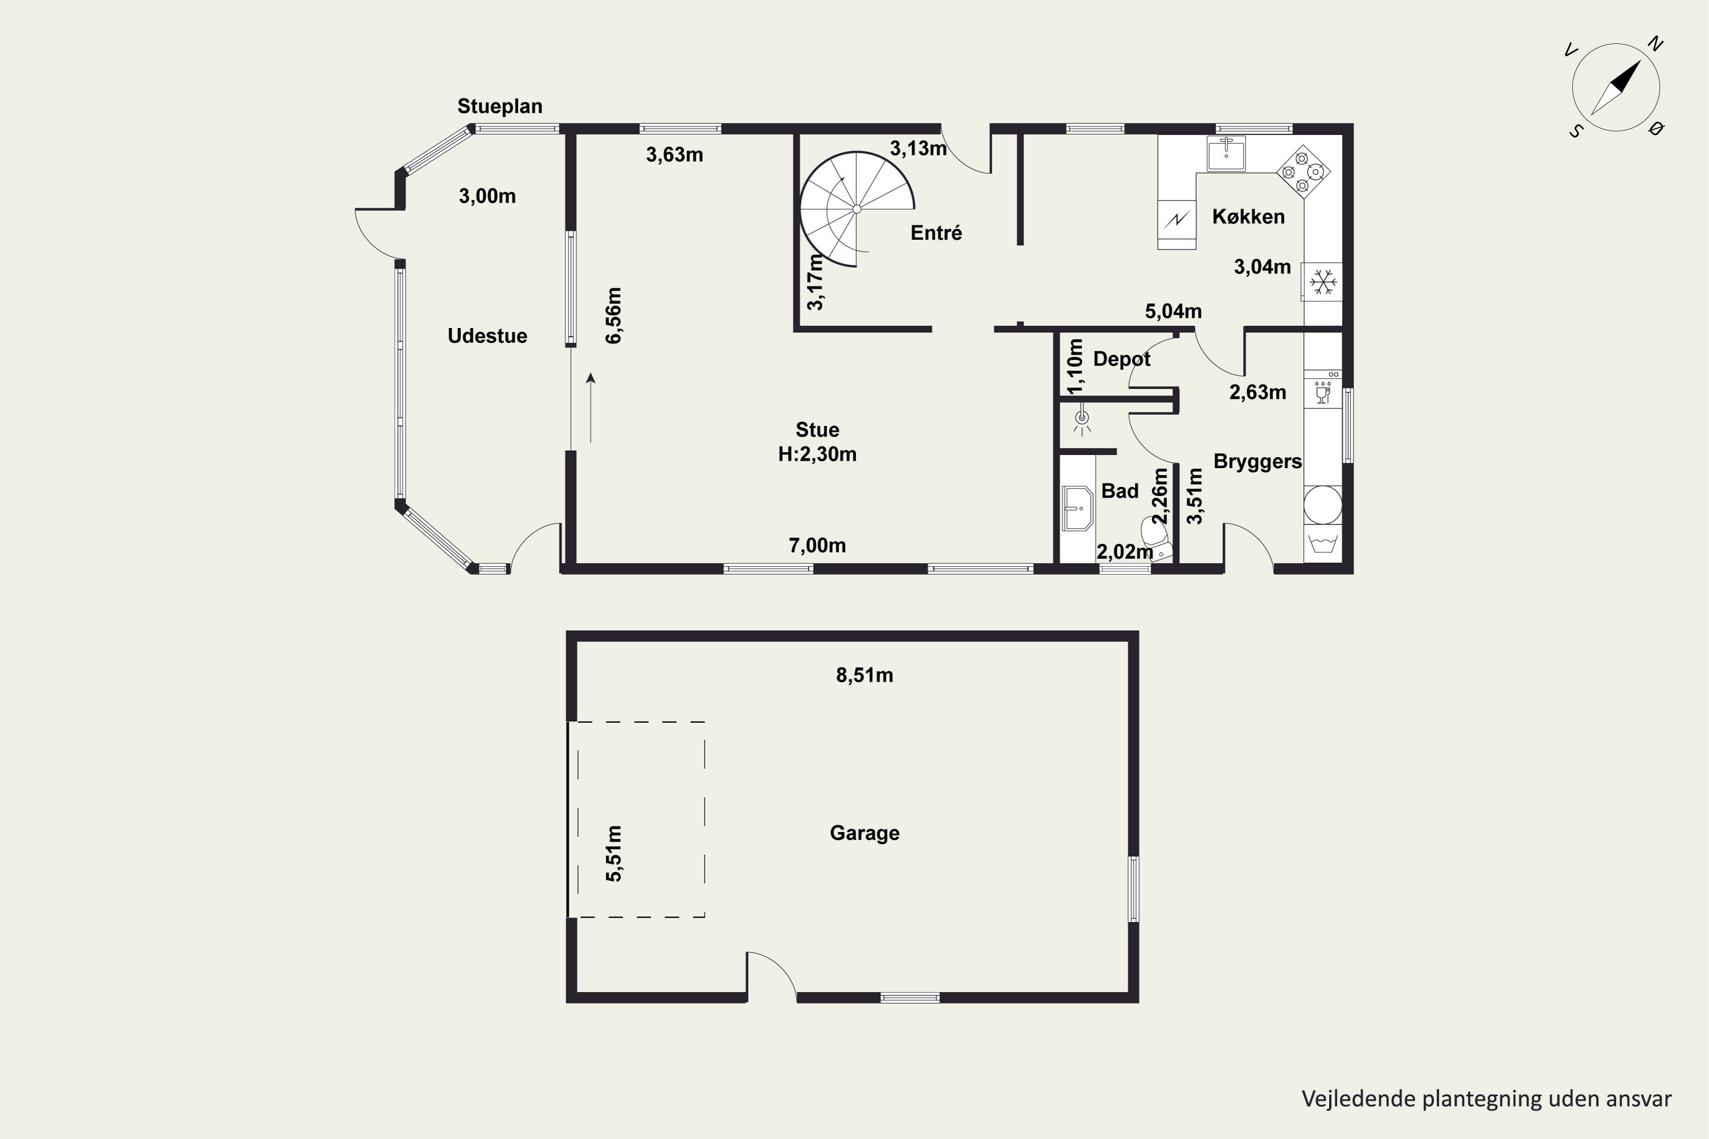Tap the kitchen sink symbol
pyautogui.click(x=1226, y=153)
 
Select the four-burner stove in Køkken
pyautogui.click(x=1303, y=172)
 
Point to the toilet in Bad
pyautogui.click(x=1157, y=538)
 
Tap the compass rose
pyautogui.click(x=1616, y=87)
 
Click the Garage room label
pyautogui.click(x=865, y=833)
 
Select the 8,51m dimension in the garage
pyautogui.click(x=865, y=675)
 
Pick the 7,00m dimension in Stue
pyautogui.click(x=817, y=546)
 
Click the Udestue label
pyautogui.click(x=488, y=335)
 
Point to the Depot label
pyautogui.click(x=1122, y=359)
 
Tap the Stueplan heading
pyautogui.click(x=500, y=106)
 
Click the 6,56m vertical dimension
pyautogui.click(x=614, y=316)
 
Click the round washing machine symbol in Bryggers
pyautogui.click(x=1322, y=504)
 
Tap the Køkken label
pyautogui.click(x=1248, y=216)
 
